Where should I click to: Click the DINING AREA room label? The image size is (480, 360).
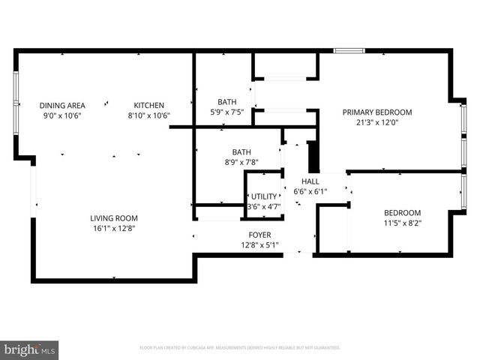[x=62, y=106]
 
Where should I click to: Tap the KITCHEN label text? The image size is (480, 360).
[x=148, y=106]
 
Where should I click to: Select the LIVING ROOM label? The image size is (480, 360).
[x=114, y=217]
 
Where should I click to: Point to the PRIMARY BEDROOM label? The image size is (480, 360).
[x=377, y=112]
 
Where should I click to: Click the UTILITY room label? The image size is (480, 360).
[x=263, y=196]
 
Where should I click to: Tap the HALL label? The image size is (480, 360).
[x=310, y=181]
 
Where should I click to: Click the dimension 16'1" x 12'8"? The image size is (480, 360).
[x=114, y=228]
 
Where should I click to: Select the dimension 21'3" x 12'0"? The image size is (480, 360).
[x=377, y=123]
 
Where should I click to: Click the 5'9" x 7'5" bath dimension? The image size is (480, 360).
[x=226, y=112]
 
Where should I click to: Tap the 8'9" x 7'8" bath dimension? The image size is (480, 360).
[x=241, y=162]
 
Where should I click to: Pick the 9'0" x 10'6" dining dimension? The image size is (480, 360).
[x=62, y=116]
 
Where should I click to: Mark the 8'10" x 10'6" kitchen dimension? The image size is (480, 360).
[x=148, y=116]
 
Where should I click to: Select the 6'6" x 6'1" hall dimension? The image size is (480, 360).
[x=310, y=192]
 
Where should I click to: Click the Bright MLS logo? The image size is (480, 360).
[x=30, y=349]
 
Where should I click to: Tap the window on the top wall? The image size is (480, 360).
[x=349, y=51]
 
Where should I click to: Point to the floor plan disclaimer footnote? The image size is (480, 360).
[x=240, y=348]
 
